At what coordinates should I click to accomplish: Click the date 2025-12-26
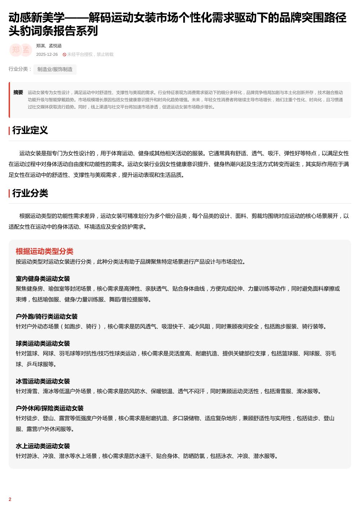coord(47,54)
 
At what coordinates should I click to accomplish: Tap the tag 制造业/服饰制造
coord(55,69)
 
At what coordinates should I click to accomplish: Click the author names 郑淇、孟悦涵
coord(49,46)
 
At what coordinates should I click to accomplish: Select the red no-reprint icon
coord(64,55)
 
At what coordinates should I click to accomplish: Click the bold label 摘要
coord(18,92)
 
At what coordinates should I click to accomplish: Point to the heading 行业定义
coord(30,130)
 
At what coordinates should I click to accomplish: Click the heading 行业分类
coord(30,193)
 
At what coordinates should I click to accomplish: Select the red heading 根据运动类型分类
coord(44,251)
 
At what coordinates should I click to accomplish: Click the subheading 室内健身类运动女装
coord(42,279)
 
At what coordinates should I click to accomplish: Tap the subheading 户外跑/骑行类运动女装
coord(46,316)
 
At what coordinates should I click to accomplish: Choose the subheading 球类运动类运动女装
coord(42,343)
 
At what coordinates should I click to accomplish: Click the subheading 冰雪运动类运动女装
coord(42,381)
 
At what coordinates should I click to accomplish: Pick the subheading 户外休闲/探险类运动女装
coord(49,408)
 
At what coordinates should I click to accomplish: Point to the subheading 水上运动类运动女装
coord(42,446)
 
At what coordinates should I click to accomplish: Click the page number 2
coord(10,499)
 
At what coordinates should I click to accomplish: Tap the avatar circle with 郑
coord(15,50)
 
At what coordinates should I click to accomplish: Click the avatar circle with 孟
coord(26,50)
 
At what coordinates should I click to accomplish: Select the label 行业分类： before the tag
coord(20,69)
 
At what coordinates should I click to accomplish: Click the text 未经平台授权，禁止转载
coord(90,54)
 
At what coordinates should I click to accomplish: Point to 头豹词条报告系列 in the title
coord(53,31)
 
